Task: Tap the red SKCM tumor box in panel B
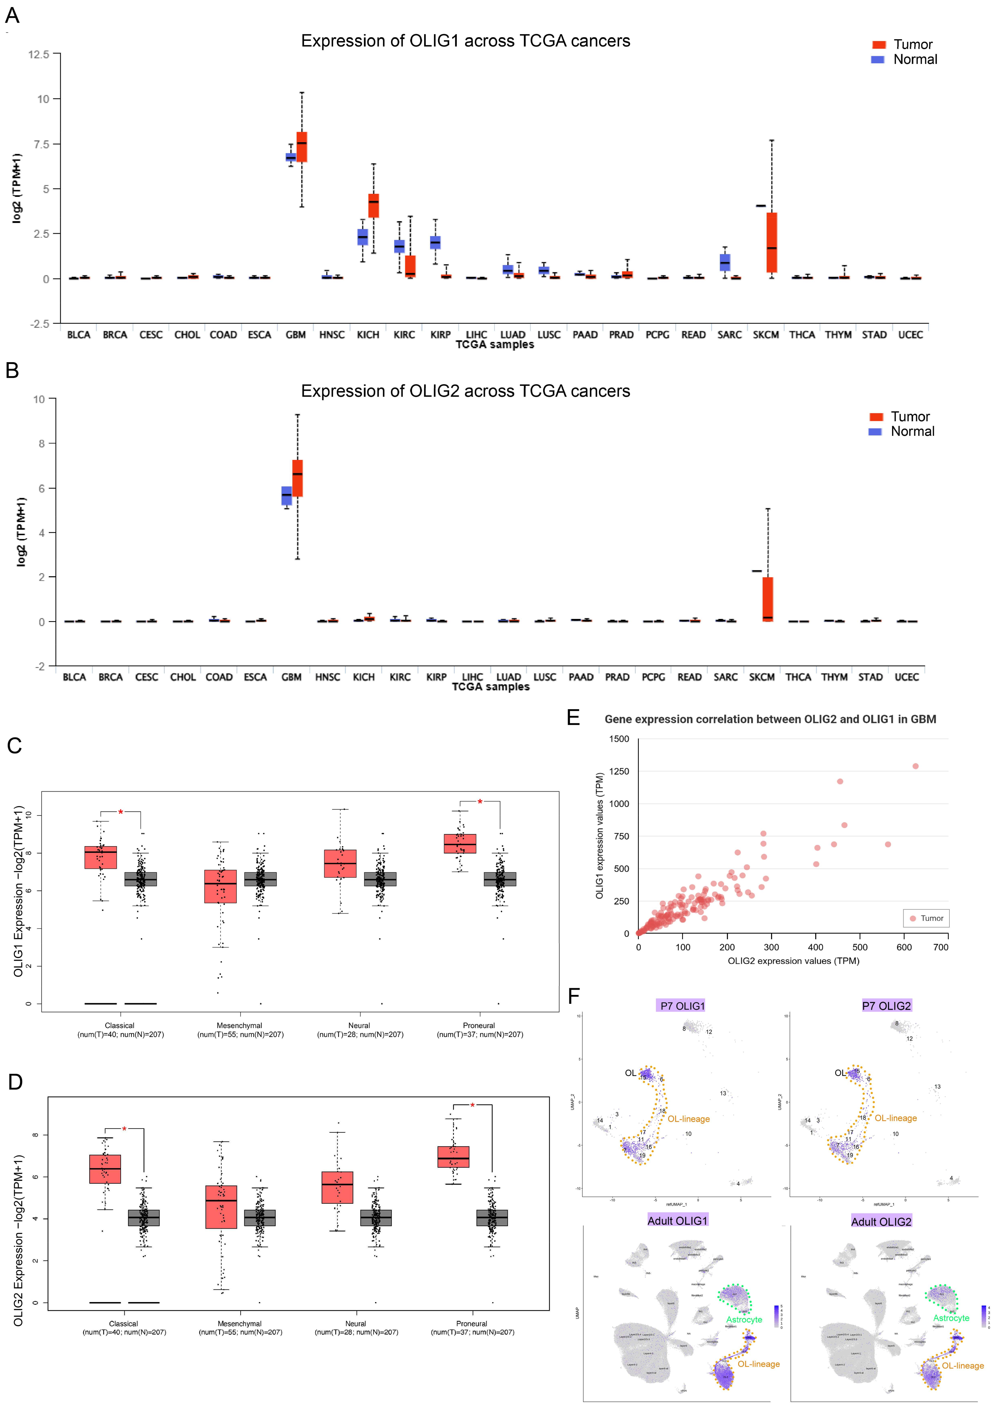point(767,599)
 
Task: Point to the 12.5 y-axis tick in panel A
point(38,55)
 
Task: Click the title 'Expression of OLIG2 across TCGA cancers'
point(465,391)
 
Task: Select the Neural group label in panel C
point(359,1025)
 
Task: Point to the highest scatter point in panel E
point(915,766)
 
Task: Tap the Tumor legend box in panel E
point(926,918)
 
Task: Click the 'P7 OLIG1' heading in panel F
point(682,1006)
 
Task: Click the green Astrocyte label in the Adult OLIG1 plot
point(744,1320)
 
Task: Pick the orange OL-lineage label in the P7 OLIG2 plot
point(896,1118)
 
